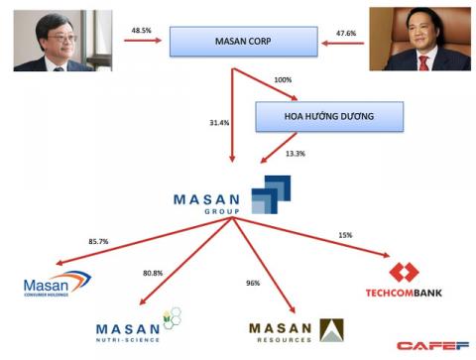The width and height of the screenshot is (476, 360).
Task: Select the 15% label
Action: pos(344,234)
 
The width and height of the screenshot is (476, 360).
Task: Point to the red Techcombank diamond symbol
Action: pos(404,273)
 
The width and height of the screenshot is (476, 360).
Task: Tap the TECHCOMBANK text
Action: pos(403,294)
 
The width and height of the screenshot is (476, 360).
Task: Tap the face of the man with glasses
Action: pos(44,37)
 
